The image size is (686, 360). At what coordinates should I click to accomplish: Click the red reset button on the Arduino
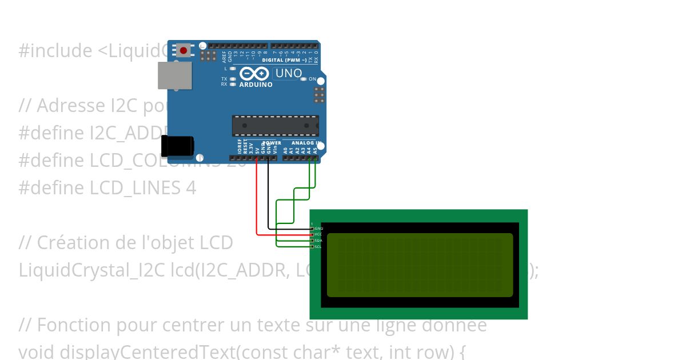183,50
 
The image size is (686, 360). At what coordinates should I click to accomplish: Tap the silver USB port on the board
175,75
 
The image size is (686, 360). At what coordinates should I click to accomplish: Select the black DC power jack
177,146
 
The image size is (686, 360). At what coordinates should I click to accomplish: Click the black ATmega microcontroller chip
275,126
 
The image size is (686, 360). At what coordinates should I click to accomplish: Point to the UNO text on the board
288,73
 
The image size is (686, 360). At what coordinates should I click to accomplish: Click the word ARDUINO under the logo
256,85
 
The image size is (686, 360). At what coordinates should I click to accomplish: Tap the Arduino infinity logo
254,74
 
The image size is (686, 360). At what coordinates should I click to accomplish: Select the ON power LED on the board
304,79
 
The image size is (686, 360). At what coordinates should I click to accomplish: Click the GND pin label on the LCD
319,229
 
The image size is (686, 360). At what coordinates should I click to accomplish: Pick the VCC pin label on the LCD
318,234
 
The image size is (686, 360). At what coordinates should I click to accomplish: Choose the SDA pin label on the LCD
318,241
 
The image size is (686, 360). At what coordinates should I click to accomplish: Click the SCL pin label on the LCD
318,246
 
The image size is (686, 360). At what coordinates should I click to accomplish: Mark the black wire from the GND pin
269,194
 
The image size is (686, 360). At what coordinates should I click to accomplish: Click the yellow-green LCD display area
420,265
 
